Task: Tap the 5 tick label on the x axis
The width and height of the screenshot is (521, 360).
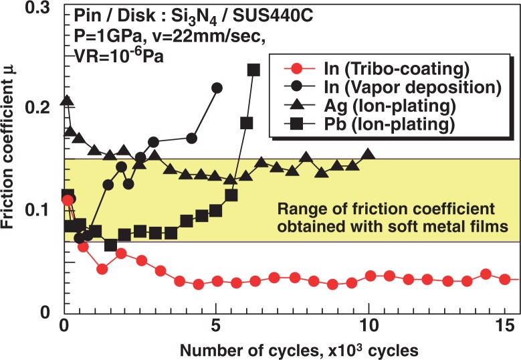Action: click(x=216, y=329)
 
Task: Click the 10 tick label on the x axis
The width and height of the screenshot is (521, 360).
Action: click(x=368, y=329)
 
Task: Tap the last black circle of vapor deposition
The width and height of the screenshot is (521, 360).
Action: click(x=217, y=88)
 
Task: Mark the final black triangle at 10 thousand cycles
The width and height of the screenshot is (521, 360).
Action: click(x=368, y=154)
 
